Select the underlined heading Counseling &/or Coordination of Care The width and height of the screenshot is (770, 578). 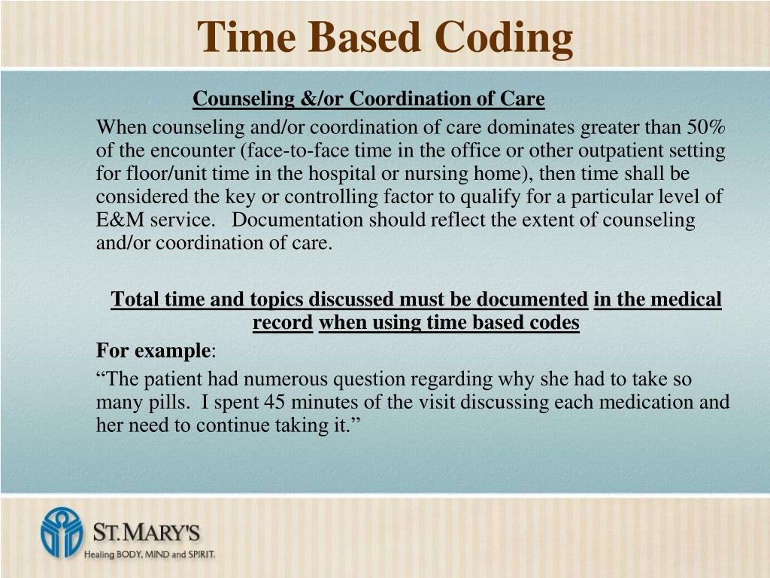368,99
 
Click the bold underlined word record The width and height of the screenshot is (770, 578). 283,323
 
